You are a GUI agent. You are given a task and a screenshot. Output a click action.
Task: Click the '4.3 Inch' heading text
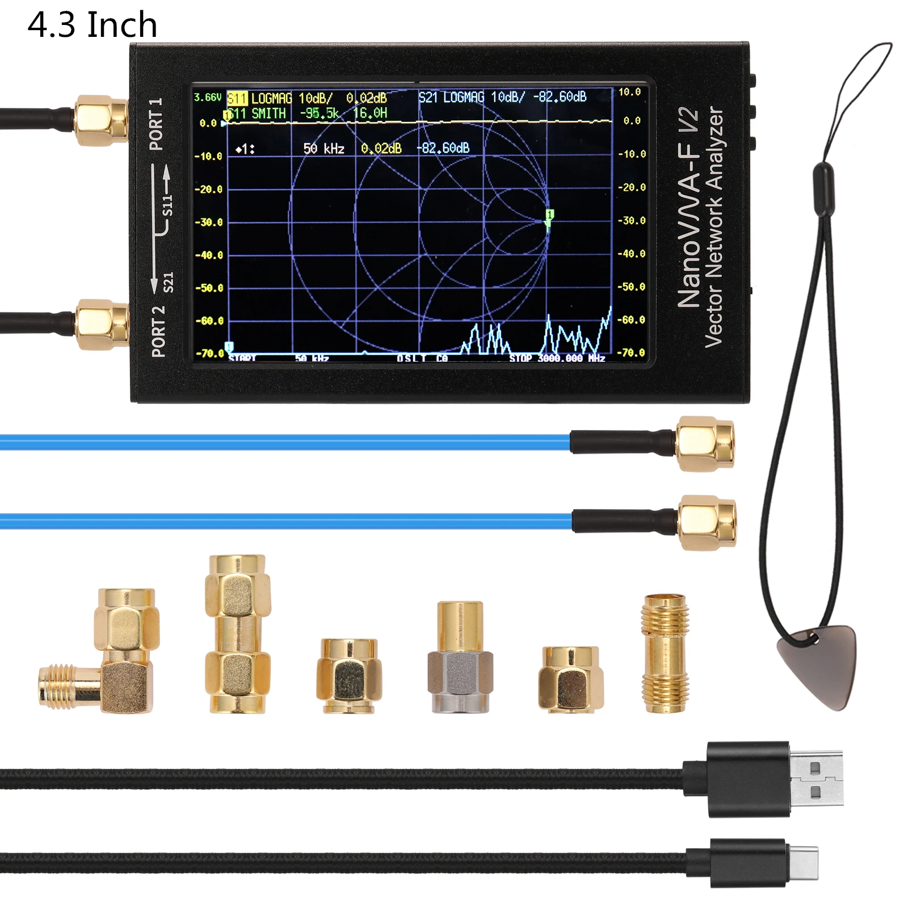click(92, 25)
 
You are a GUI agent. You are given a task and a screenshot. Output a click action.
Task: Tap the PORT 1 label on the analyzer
click(155, 124)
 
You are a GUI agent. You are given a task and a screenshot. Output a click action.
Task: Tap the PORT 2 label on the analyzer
click(158, 331)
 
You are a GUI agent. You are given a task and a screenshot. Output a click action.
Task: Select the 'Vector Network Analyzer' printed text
click(713, 227)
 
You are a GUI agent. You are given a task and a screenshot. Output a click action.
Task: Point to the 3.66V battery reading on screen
click(207, 98)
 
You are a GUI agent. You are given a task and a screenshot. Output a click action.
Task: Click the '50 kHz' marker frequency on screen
click(323, 149)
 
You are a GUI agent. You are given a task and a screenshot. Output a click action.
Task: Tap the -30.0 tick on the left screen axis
click(208, 222)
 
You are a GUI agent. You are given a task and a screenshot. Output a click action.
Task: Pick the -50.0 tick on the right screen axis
click(632, 287)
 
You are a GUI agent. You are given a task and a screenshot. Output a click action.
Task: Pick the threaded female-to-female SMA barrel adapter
click(665, 653)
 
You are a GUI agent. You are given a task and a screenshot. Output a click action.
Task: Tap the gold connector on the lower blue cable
click(707, 522)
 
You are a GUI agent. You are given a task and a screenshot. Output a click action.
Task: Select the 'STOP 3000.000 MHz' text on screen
click(557, 359)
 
